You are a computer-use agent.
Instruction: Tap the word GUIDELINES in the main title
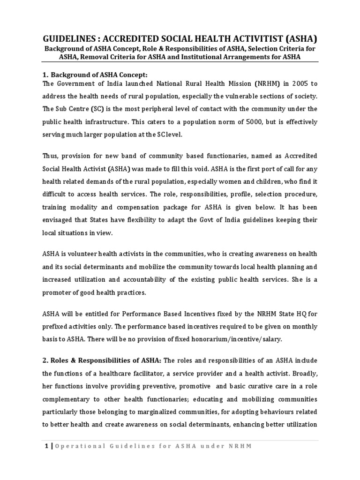click(x=68, y=38)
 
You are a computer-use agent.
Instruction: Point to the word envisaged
click(x=59, y=207)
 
